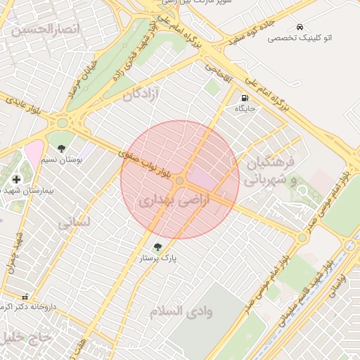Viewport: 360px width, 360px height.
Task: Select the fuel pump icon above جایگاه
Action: pos(245,98)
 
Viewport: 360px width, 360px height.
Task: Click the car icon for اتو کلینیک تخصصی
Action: pos(300,27)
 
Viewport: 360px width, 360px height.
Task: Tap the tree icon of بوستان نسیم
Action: pos(62,148)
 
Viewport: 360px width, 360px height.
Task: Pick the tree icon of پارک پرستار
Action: pos(157,247)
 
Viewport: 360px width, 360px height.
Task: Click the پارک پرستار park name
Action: pos(157,259)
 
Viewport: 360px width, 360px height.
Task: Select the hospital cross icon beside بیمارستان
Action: pos(16,179)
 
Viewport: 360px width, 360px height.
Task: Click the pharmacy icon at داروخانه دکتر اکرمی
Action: pos(25,297)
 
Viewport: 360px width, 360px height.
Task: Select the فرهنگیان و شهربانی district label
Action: pos(274,171)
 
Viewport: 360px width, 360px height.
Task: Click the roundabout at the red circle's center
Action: pos(180,181)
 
